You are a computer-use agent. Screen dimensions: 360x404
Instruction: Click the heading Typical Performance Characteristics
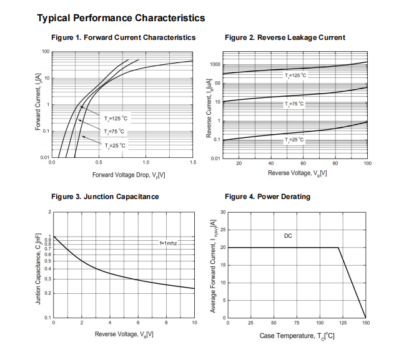121,18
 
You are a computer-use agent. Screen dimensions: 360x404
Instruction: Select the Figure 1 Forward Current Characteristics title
123,38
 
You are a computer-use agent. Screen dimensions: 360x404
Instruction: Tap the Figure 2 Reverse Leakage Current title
285,38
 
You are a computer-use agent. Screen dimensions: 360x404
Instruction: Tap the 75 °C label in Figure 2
294,104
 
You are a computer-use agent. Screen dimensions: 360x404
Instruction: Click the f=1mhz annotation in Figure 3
168,243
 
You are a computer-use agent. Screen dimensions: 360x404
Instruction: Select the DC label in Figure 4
288,236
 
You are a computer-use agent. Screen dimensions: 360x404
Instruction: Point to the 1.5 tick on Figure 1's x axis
192,163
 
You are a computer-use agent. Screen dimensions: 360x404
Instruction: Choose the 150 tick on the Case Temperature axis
366,323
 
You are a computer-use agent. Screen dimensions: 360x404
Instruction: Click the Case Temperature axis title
297,336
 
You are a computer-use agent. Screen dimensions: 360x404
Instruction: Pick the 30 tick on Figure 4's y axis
222,213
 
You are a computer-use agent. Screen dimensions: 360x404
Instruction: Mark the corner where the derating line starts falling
338,248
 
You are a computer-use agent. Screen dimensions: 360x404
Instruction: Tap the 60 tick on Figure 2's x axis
303,163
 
